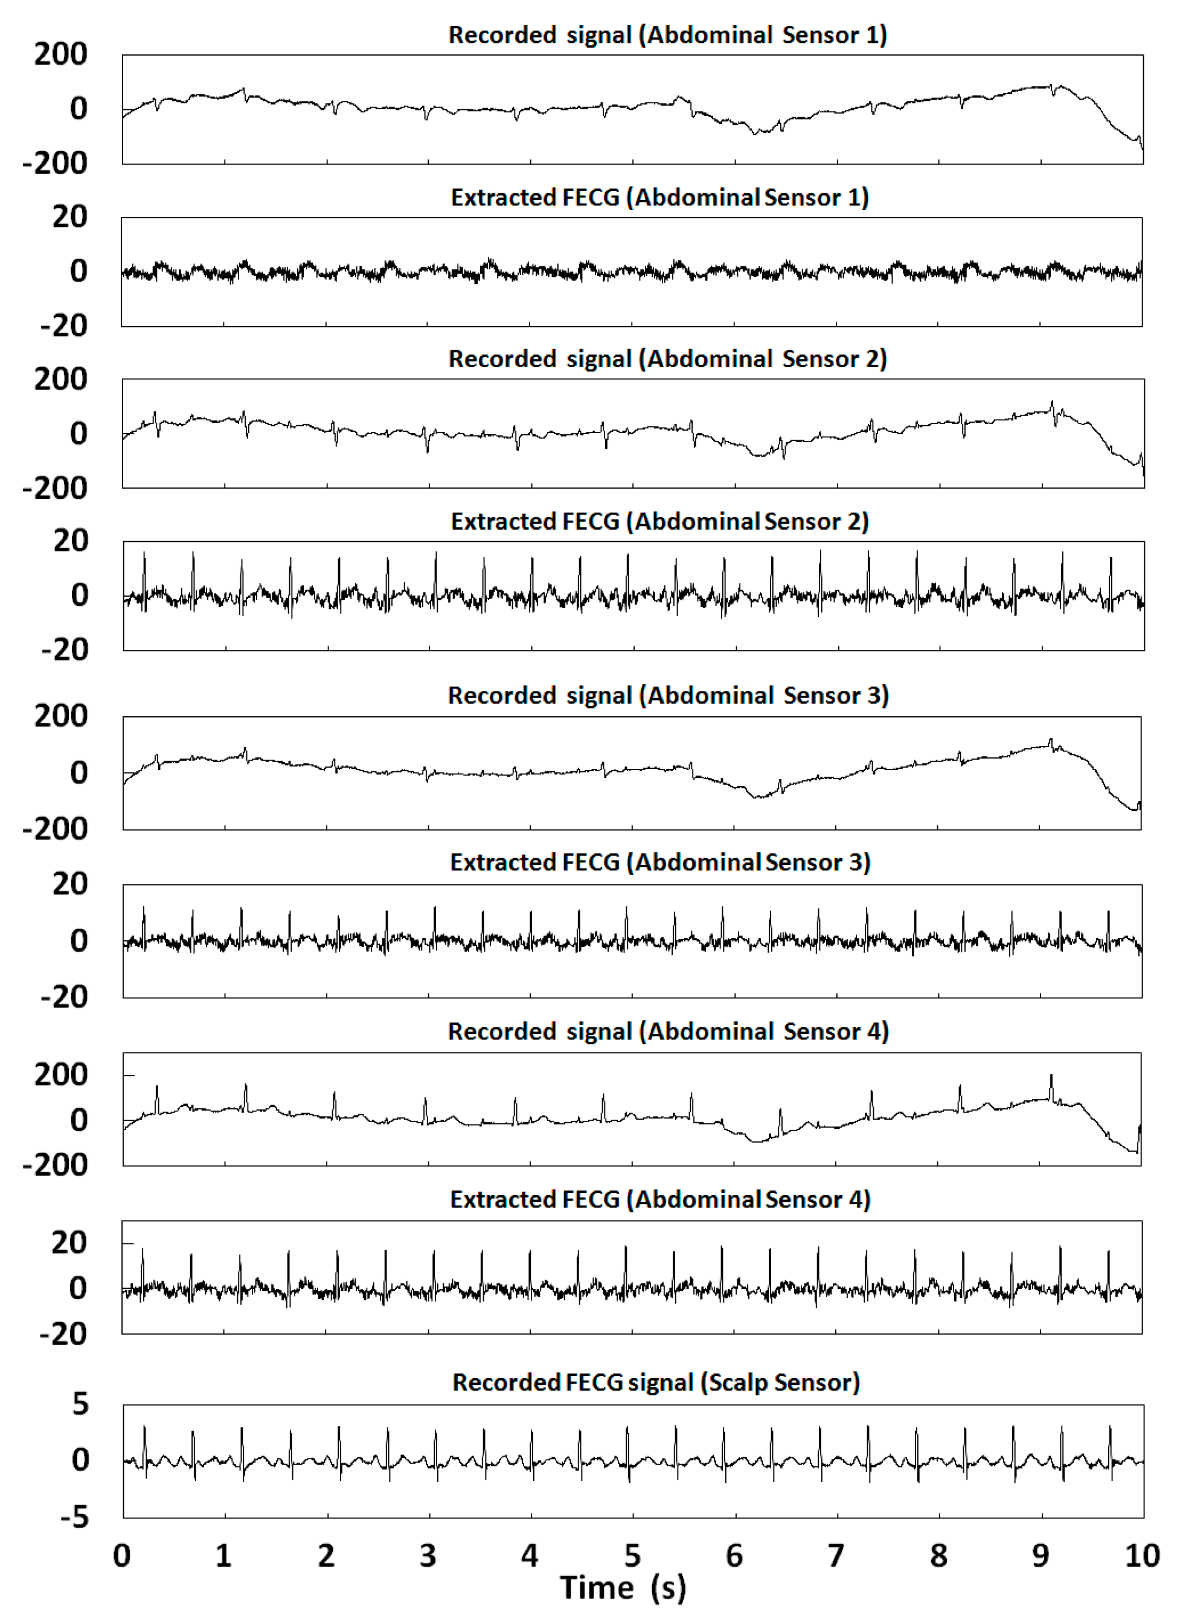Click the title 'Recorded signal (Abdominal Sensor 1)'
[667, 35]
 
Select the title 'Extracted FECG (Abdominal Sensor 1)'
[659, 197]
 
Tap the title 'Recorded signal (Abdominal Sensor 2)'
[667, 359]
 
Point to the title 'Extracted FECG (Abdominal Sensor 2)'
[659, 522]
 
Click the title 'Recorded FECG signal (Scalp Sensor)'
[656, 1382]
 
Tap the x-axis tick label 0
[121, 1555]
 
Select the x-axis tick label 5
[632, 1555]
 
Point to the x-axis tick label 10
[1142, 1555]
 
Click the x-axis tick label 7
[836, 1555]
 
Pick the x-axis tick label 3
[428, 1555]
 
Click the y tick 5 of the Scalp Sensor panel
[80, 1404]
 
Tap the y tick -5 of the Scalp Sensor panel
[74, 1516]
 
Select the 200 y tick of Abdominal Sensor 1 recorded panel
[61, 54]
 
